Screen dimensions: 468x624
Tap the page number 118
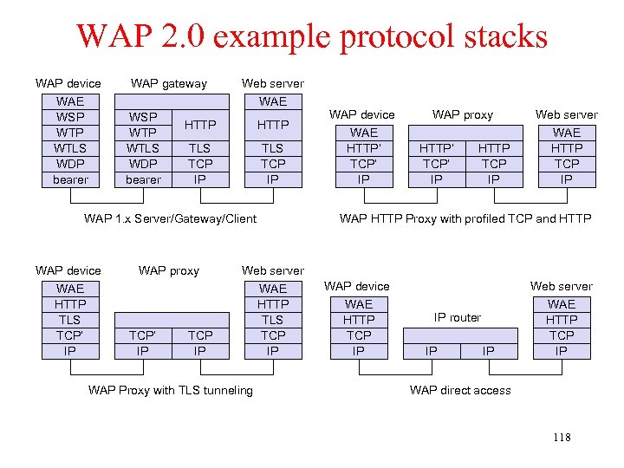[562, 437]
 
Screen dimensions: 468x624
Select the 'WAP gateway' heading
[169, 83]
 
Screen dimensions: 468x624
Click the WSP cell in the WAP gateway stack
[143, 117]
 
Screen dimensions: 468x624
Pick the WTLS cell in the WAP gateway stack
[143, 148]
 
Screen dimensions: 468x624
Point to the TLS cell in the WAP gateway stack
[200, 148]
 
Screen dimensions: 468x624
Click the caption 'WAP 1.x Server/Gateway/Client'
[170, 218]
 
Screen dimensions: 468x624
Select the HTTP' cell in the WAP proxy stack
[436, 148]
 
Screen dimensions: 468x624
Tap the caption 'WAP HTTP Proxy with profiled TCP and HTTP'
[465, 218]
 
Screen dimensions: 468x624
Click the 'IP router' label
[458, 317]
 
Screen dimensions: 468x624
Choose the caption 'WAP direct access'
[460, 390]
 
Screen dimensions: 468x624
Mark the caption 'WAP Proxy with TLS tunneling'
[171, 390]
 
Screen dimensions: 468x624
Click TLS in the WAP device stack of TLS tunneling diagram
[70, 320]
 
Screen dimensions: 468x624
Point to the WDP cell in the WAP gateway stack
[143, 164]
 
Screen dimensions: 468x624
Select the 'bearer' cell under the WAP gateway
[143, 179]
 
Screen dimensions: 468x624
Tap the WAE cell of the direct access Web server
[562, 304]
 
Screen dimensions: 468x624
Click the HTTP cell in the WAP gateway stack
[200, 125]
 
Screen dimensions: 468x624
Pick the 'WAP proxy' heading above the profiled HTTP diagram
[463, 114]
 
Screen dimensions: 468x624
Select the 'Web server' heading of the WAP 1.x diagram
[273, 83]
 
